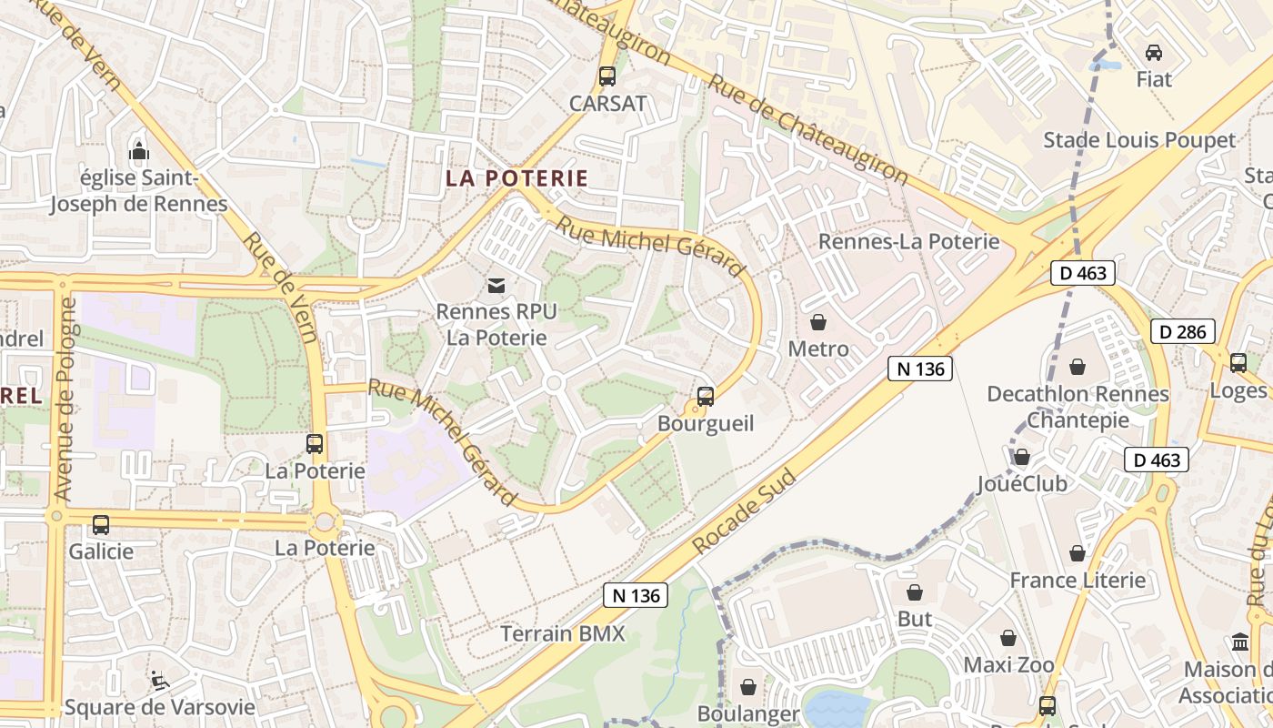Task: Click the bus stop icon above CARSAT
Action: pos(607,76)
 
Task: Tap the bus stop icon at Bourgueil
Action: pos(706,397)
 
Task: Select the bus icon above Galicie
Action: pos(101,525)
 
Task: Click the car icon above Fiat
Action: pos(1154,53)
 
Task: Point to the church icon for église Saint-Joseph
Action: pos(139,150)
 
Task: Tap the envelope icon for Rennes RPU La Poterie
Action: pos(496,286)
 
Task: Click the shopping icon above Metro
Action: pos(818,322)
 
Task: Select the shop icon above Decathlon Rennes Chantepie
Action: pos(1078,367)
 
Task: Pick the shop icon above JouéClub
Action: pos(1022,457)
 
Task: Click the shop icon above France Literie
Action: pos(1078,553)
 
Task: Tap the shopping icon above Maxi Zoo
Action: pos(1008,638)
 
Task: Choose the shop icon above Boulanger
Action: pos(748,687)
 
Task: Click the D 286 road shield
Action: pos(1183,331)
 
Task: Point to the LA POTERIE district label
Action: pos(516,178)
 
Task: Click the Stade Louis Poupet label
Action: pos(1139,140)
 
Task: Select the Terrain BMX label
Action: pos(564,633)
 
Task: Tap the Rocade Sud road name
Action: pos(744,512)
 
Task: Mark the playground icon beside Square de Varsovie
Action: pos(159,680)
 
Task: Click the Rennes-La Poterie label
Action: pos(908,241)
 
